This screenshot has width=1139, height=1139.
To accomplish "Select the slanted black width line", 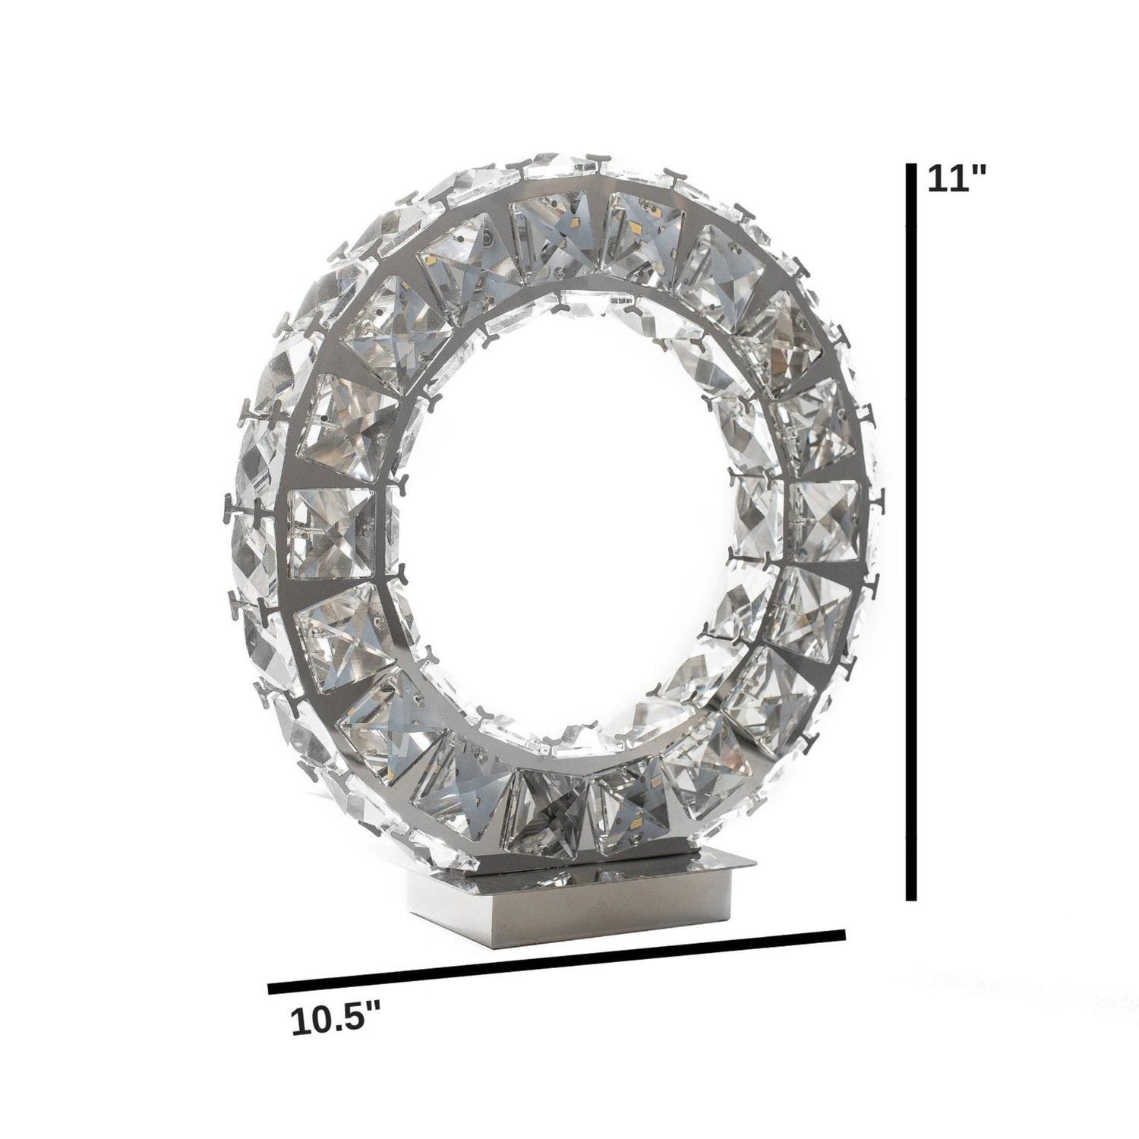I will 557,961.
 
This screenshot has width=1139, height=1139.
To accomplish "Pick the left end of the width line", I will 271,989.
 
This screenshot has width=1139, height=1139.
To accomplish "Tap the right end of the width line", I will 843,933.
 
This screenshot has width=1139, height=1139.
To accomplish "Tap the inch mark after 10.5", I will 373,1011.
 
